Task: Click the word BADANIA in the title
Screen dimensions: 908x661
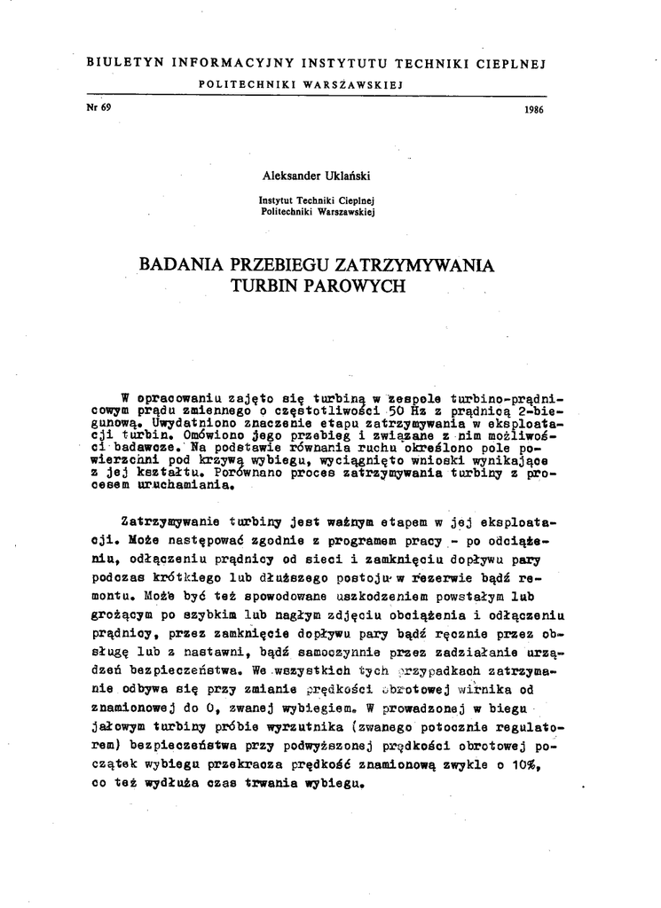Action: [x=183, y=265]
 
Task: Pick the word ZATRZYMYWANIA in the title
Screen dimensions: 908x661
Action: [x=409, y=265]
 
